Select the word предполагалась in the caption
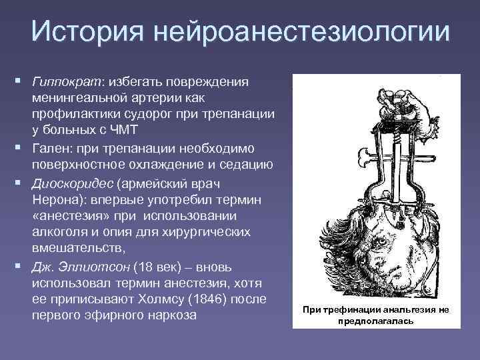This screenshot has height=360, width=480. tap(377, 320)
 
